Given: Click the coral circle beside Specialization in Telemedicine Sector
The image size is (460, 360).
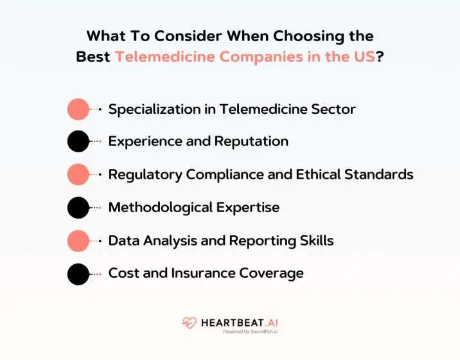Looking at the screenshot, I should (78, 109).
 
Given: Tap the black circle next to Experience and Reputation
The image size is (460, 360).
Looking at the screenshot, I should (78, 141).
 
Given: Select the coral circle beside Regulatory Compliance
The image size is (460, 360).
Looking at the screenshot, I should (78, 174).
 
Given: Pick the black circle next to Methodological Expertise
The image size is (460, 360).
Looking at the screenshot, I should (78, 207).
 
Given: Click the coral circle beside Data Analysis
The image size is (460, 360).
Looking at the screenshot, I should (78, 240).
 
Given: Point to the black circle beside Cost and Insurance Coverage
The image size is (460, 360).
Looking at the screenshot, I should (78, 274).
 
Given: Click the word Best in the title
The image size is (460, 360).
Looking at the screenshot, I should (93, 57).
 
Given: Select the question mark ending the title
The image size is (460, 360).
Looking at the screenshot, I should (380, 57).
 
